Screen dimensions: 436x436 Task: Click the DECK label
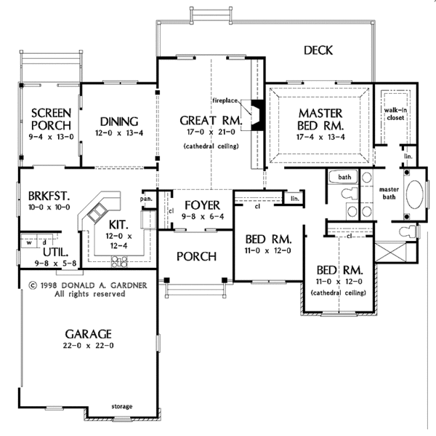tap(318, 50)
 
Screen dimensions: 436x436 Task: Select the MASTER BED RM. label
tap(320, 119)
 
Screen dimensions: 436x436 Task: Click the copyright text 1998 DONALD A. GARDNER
tap(77, 285)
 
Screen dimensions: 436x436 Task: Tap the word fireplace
tap(226, 97)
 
